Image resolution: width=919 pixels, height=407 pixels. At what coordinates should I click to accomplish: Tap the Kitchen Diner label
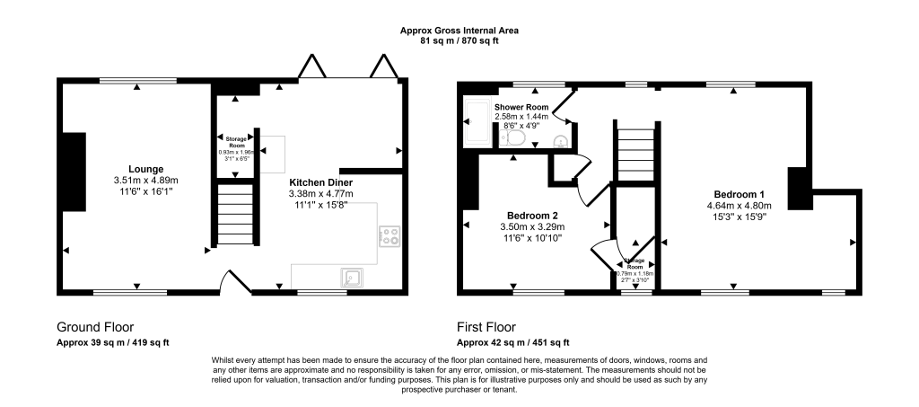pyautogui.click(x=320, y=181)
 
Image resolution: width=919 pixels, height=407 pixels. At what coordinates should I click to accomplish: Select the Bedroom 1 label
pyautogui.click(x=740, y=194)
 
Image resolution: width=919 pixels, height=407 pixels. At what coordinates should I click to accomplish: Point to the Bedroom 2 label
pyautogui.click(x=532, y=216)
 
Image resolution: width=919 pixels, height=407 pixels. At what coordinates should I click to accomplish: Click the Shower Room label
pyautogui.click(x=521, y=107)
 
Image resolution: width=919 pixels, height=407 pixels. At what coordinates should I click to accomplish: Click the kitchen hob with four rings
pyautogui.click(x=390, y=237)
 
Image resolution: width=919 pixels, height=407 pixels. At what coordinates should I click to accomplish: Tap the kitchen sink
pyautogui.click(x=353, y=277)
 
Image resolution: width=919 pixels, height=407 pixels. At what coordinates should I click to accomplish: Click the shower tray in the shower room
pyautogui.click(x=476, y=123)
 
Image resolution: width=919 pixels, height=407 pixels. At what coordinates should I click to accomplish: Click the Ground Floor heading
pyautogui.click(x=95, y=327)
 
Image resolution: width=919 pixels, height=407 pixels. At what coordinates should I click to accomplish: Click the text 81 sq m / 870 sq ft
pyautogui.click(x=459, y=41)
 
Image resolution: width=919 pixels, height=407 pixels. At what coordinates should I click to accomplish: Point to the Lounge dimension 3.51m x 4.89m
pyautogui.click(x=146, y=180)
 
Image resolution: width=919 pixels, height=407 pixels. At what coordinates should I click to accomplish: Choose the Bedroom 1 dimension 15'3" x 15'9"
pyautogui.click(x=740, y=217)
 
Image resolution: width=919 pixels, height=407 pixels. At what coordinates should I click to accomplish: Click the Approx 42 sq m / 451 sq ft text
pyautogui.click(x=512, y=342)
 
